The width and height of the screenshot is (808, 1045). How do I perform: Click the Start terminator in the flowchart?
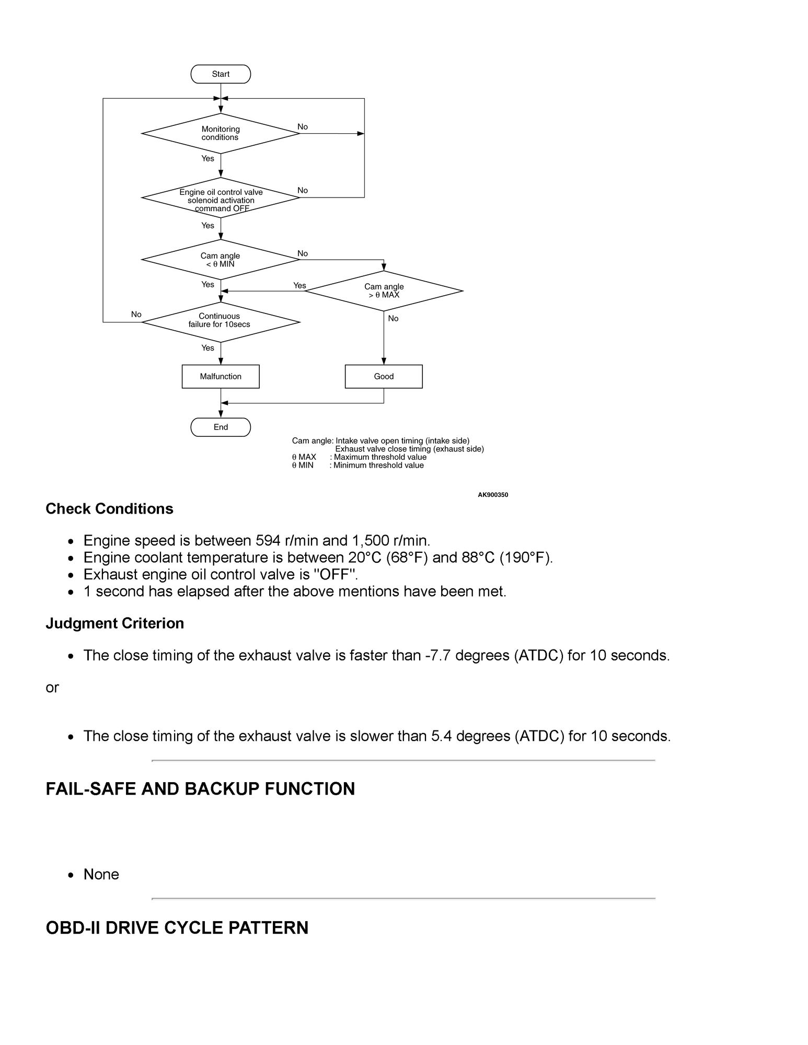pos(221,74)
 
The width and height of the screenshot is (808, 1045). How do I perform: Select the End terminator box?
pos(221,427)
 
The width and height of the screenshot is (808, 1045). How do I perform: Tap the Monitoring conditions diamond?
pos(221,133)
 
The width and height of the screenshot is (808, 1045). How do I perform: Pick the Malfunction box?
pos(221,377)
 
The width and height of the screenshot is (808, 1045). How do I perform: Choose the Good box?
pos(384,377)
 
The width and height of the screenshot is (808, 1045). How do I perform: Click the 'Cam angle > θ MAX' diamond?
pos(384,291)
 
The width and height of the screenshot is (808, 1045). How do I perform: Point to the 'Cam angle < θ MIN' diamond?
pos(221,260)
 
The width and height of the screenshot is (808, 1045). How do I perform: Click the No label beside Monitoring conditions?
pos(303,127)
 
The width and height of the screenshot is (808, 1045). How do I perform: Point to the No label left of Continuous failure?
pos(136,315)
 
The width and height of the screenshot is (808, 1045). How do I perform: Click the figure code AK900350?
pos(493,495)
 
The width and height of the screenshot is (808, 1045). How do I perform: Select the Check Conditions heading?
pos(109,509)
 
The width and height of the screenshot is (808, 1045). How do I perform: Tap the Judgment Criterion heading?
pos(114,623)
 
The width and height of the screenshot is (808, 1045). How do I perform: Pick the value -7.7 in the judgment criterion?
pos(437,656)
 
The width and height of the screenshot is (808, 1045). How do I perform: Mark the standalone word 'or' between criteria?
pos(52,688)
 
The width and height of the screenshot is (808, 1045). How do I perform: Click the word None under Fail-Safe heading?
pos(101,875)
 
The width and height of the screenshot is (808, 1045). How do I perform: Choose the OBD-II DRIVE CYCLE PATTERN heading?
pos(177,928)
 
